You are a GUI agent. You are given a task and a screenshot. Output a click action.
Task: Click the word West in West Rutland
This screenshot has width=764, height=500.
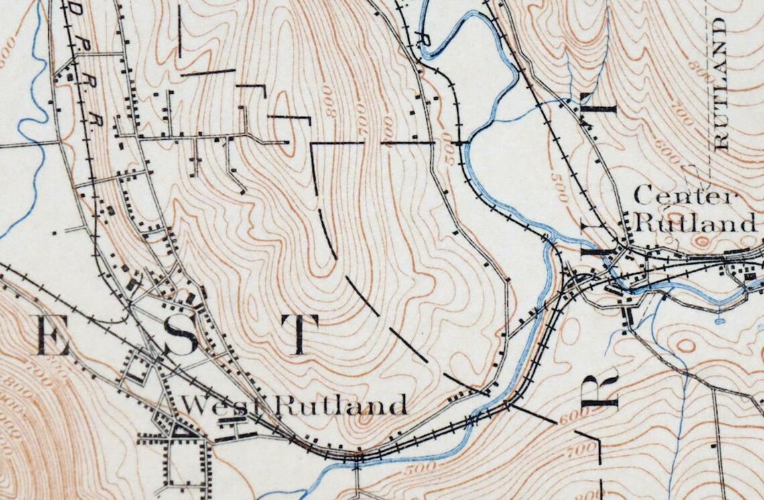click(214, 405)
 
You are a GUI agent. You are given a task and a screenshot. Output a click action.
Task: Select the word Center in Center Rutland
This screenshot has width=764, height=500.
click(684, 197)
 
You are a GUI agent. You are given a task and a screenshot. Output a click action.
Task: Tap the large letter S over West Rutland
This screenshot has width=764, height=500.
click(182, 335)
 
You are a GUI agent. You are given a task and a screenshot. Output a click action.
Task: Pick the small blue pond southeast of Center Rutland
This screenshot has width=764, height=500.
click(719, 320)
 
